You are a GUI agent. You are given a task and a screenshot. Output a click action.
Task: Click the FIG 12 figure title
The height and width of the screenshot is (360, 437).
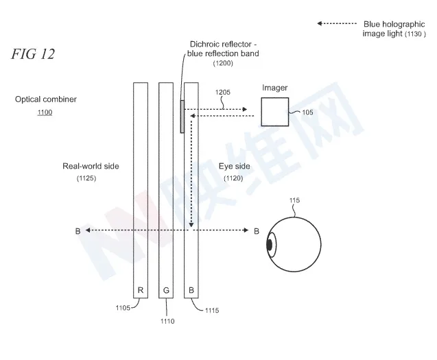pos(33,53)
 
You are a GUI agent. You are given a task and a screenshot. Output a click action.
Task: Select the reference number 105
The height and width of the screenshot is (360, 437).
pos(307,112)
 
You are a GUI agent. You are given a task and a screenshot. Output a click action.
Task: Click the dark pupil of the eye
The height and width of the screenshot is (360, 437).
pos(269,245)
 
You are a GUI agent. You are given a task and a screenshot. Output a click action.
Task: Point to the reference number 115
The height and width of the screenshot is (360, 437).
pos(294,200)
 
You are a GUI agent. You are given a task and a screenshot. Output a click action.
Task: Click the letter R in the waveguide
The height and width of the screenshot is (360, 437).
pos(141,290)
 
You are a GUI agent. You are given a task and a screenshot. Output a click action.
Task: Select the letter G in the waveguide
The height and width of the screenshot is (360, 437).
pos(166,290)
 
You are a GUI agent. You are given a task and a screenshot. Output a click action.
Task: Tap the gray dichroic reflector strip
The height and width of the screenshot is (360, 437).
pos(182,117)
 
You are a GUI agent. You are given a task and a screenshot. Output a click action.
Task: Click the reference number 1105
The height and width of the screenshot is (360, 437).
pos(123,308)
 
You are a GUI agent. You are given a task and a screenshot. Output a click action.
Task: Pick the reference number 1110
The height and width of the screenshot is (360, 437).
pos(167,322)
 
